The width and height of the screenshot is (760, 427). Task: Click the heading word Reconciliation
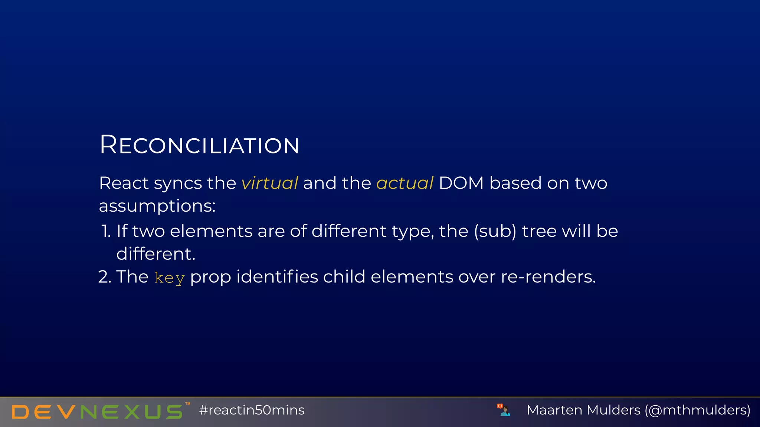coord(199,145)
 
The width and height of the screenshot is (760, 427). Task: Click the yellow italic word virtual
coord(269,183)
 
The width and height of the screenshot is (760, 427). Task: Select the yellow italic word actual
coord(404,183)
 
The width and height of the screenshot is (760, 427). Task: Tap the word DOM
coord(461,183)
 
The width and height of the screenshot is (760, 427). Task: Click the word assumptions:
coord(157,206)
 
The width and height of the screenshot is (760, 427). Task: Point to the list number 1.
coord(106,231)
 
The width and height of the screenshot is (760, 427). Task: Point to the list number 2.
coord(104,277)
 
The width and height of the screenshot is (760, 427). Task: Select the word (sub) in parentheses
coord(495,231)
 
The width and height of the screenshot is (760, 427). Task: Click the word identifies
coord(277,277)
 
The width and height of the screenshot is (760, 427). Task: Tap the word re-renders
coord(548,277)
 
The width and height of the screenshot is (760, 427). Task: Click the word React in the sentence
coord(124,183)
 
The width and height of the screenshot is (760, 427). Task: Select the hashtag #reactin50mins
coord(252,410)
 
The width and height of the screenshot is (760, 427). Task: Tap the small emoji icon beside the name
coord(504,410)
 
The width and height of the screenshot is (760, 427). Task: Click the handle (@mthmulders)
coord(697,410)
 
